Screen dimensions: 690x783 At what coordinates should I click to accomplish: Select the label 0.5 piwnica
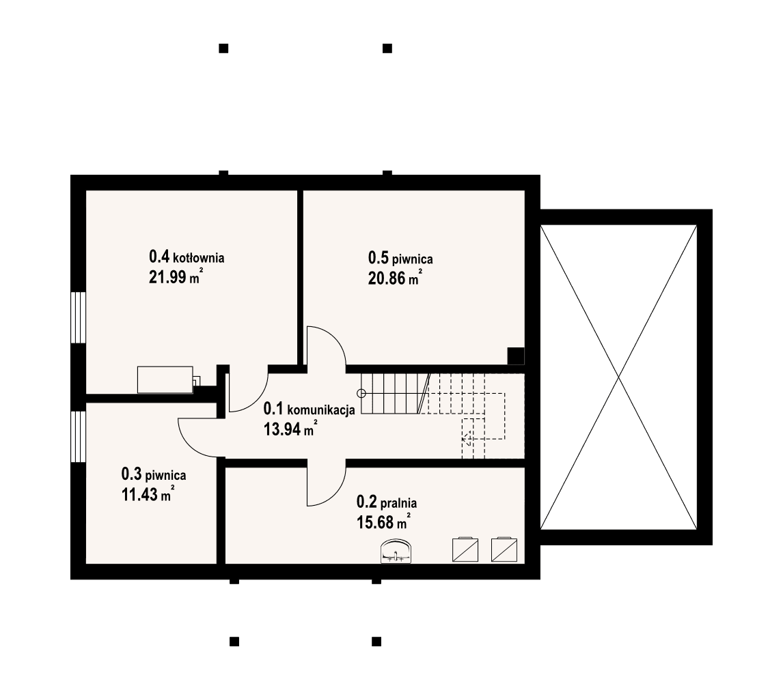pos(400,258)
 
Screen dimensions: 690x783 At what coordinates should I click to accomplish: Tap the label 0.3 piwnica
pos(153,474)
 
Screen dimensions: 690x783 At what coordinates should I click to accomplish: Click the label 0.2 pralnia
pos(387,503)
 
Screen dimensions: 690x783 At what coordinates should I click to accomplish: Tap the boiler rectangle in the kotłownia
pos(165,379)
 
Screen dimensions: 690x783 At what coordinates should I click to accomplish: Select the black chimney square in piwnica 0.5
pos(516,356)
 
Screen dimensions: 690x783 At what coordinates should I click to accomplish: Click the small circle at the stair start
pos(361,393)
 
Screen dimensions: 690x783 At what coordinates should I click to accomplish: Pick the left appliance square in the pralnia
pos(466,549)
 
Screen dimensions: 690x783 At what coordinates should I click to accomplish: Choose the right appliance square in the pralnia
pos(504,549)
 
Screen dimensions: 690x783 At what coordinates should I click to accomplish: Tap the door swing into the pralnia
pos(325,484)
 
